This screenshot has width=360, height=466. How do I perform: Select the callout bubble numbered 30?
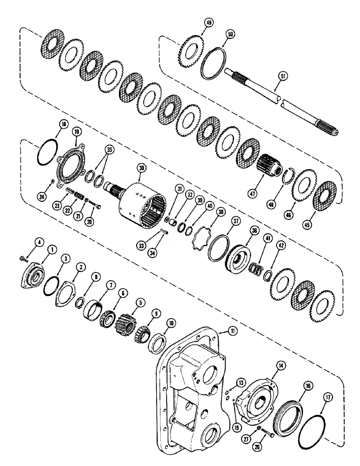pos(141,168)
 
